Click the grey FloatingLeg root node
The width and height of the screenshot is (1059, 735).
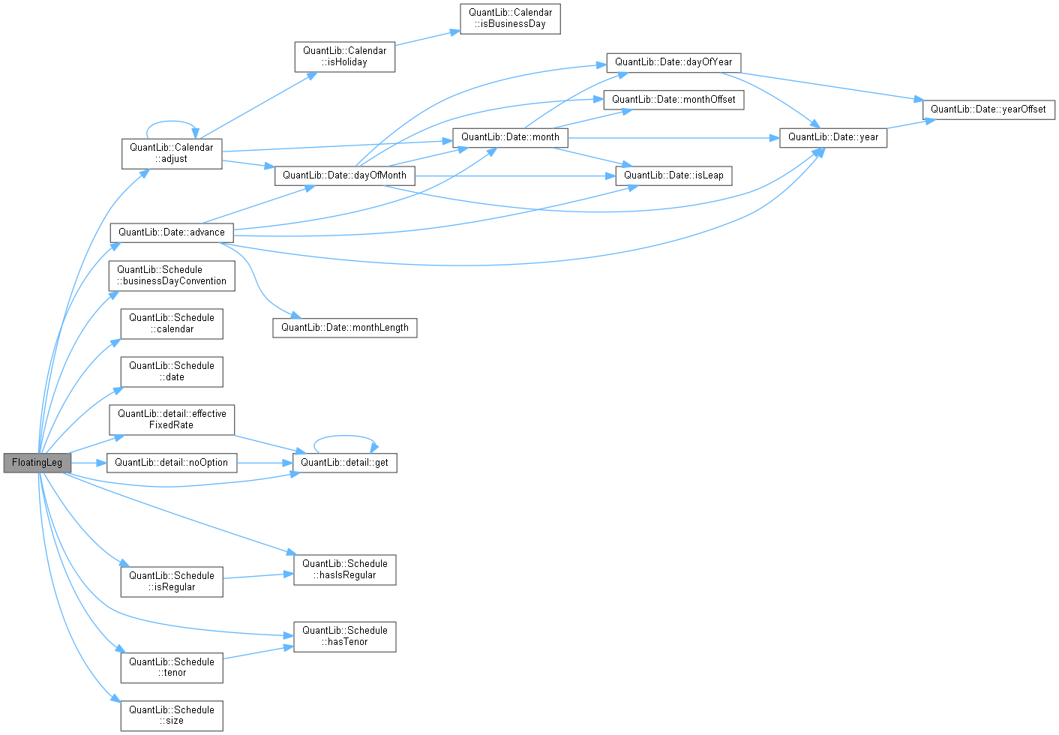coord(37,463)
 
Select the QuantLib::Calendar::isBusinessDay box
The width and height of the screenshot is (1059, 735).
coord(510,19)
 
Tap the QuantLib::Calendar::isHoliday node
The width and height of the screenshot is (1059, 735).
coord(345,57)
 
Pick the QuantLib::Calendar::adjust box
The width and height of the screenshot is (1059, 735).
coord(172,153)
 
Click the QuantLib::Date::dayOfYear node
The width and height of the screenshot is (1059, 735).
coord(673,62)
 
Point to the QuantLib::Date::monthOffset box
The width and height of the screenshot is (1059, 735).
coord(673,100)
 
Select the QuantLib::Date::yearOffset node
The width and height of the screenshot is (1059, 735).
coord(988,109)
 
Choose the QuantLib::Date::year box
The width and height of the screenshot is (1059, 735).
coord(833,137)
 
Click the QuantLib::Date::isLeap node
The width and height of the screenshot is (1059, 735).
coord(673,175)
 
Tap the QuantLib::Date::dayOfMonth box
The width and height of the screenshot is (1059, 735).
coord(344,175)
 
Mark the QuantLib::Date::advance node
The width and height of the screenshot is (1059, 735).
coord(172,232)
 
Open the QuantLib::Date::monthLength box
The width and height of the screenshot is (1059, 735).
coord(344,328)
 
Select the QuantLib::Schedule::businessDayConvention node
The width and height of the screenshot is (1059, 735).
coord(172,276)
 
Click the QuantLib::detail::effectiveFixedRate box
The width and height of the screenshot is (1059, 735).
coord(172,419)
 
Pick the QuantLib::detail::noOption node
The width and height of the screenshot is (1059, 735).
coord(172,463)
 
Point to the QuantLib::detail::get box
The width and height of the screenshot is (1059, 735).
coord(344,463)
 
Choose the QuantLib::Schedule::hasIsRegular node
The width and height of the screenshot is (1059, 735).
coord(344,570)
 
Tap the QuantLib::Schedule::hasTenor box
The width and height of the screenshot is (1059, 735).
coord(344,636)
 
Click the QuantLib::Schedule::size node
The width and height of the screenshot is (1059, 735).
coord(172,715)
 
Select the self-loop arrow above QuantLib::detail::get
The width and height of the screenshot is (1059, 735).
coord(345,436)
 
